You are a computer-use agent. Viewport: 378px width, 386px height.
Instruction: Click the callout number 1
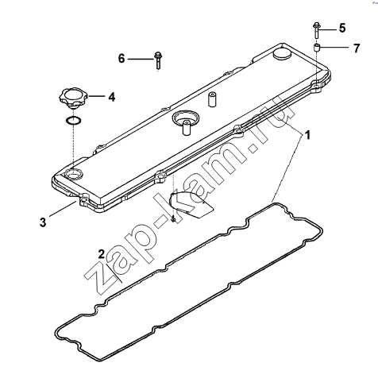(307, 135)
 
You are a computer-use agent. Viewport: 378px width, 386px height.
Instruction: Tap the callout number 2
(102, 254)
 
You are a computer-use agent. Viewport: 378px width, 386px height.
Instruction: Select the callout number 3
(43, 222)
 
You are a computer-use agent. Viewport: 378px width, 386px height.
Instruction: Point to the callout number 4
(112, 97)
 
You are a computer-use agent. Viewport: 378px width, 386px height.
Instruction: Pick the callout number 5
(342, 28)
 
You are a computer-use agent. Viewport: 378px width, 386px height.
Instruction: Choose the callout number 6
(121, 58)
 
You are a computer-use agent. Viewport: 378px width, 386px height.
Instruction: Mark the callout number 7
(357, 48)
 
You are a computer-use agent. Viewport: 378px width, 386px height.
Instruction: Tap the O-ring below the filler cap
(73, 121)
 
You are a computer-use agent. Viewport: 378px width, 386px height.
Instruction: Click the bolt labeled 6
(158, 60)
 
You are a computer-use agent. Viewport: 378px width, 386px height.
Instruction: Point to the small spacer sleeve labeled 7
(317, 48)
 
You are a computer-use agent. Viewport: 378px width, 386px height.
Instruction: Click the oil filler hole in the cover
(73, 174)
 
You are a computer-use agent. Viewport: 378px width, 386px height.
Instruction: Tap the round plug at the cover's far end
(282, 54)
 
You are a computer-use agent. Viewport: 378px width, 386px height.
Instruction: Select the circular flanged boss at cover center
(185, 119)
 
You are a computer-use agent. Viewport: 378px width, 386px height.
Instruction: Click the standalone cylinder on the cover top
(211, 99)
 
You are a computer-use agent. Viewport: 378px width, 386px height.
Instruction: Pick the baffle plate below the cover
(191, 204)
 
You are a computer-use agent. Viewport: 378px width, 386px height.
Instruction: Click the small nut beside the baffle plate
(173, 219)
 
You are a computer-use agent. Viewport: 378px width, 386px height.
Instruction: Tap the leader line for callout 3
(63, 209)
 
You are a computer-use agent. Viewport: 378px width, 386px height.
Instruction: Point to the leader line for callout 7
(334, 48)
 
